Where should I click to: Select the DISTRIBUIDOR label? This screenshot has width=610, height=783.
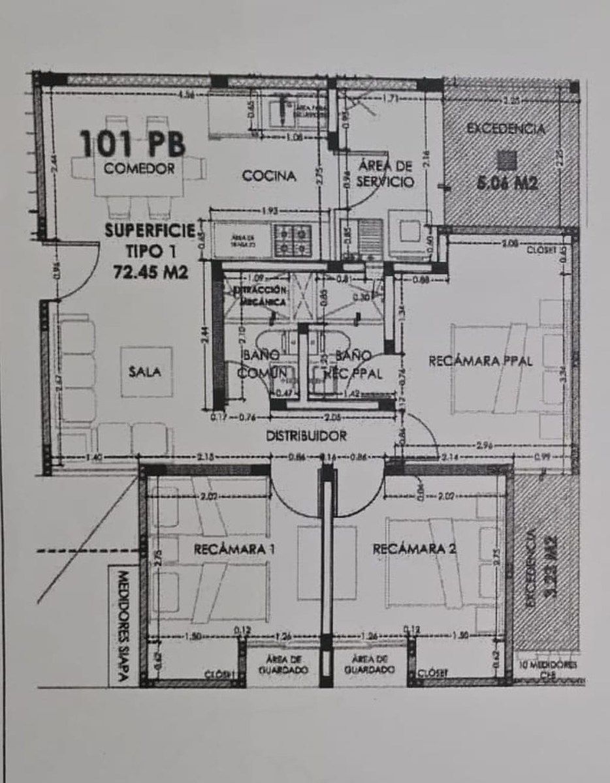pyautogui.click(x=306, y=436)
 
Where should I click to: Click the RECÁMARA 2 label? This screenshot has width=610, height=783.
pyautogui.click(x=413, y=549)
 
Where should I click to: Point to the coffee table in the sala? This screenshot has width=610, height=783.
pyautogui.click(x=146, y=372)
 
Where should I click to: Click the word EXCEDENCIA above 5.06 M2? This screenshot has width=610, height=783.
pyautogui.click(x=506, y=129)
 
